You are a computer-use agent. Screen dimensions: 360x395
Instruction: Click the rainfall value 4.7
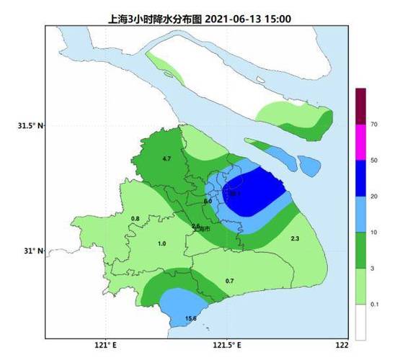pyautogui.click(x=167, y=158)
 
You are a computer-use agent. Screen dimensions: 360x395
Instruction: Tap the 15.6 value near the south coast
pyautogui.click(x=191, y=318)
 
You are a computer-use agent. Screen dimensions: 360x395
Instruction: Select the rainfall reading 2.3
pyautogui.click(x=294, y=238)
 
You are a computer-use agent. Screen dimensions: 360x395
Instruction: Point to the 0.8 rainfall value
pyautogui.click(x=135, y=218)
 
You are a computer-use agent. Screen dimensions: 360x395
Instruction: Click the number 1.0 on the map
pyautogui.click(x=161, y=244)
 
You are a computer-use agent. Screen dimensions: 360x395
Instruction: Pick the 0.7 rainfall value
pyautogui.click(x=230, y=280)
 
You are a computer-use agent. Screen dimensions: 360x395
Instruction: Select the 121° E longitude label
pyautogui.click(x=106, y=344)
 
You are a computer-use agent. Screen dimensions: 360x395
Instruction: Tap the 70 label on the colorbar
pyautogui.click(x=374, y=125)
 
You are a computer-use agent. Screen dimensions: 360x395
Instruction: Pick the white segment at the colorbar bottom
pyautogui.click(x=360, y=322)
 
